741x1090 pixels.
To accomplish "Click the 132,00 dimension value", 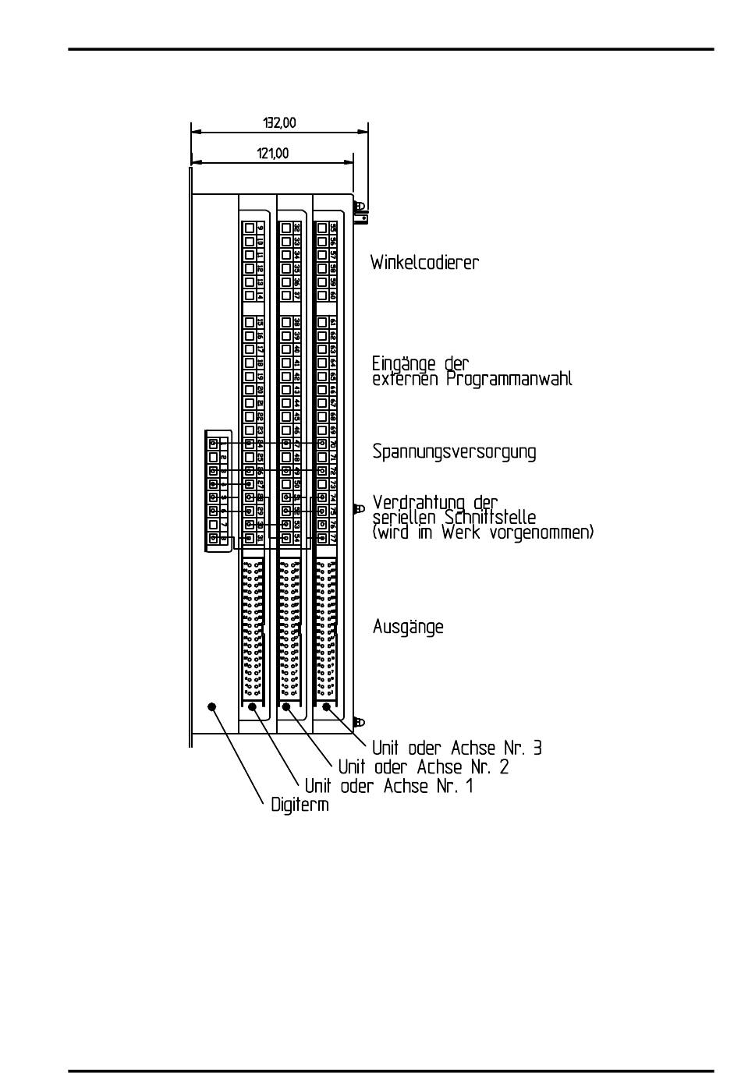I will click(279, 122).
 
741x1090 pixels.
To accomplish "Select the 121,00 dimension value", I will click(273, 154).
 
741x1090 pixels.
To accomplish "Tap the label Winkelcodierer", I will click(424, 263).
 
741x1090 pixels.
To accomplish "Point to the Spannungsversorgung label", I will click(454, 452).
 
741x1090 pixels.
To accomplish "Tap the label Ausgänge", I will click(408, 627).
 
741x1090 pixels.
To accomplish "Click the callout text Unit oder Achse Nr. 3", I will click(457, 748).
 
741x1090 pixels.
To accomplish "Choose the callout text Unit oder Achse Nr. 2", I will click(424, 767).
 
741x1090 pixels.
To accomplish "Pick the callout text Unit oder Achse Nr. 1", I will click(388, 786).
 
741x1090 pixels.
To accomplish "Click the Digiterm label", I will click(300, 805).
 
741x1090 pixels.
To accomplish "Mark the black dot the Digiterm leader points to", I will click(211, 706).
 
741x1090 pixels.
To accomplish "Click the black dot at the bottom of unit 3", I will click(326, 707).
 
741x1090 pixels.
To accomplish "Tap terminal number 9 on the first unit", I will click(261, 228).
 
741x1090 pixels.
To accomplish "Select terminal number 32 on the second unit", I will click(297, 228).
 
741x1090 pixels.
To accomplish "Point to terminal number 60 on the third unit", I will click(332, 296).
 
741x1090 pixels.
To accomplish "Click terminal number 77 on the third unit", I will click(332, 538).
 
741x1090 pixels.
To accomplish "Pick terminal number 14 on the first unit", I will click(261, 296).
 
